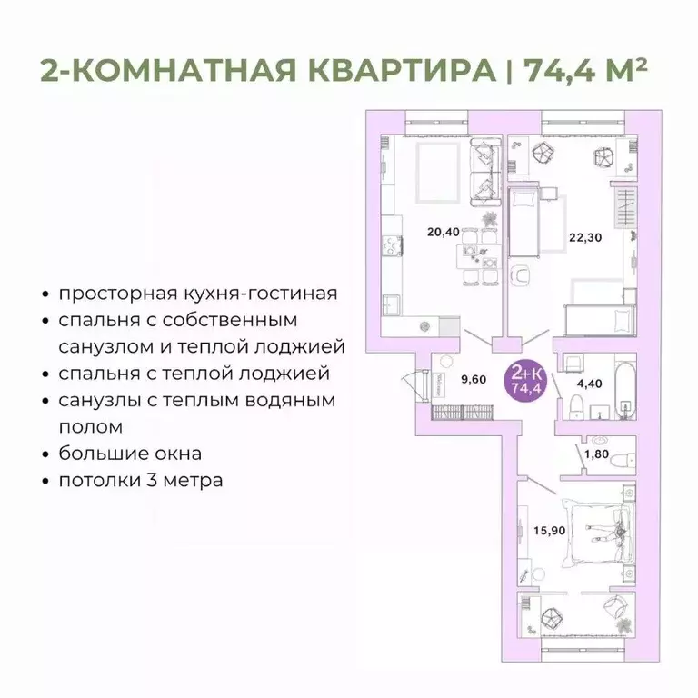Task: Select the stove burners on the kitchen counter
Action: click(x=392, y=246)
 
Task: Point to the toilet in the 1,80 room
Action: click(x=622, y=459)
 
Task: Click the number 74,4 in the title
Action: click(x=559, y=69)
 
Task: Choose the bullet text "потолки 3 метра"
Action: click(x=140, y=479)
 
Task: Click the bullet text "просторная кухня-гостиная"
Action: click(x=197, y=294)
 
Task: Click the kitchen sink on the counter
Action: click(x=392, y=301)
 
